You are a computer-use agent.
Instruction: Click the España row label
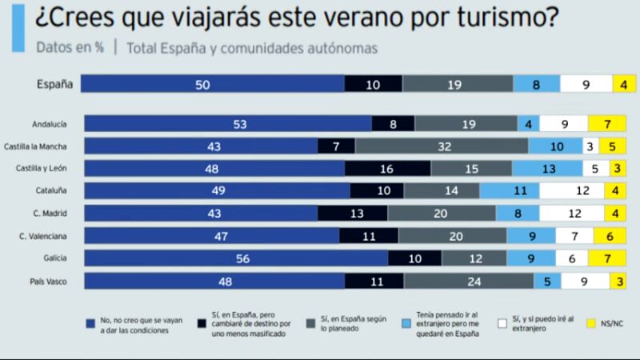[55, 83]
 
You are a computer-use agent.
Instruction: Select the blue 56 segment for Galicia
[236, 258]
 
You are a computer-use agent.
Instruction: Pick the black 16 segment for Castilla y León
[387, 168]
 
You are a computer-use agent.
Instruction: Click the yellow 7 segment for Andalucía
[606, 123]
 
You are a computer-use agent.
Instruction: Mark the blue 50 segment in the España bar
[212, 83]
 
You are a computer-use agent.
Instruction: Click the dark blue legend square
[90, 324]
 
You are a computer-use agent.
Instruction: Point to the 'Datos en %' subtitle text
[70, 47]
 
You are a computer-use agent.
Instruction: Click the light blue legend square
[408, 324]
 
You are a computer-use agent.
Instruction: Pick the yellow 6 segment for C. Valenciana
[610, 236]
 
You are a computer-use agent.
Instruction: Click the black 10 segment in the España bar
[374, 83]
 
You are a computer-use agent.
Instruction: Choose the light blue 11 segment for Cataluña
[510, 190]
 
